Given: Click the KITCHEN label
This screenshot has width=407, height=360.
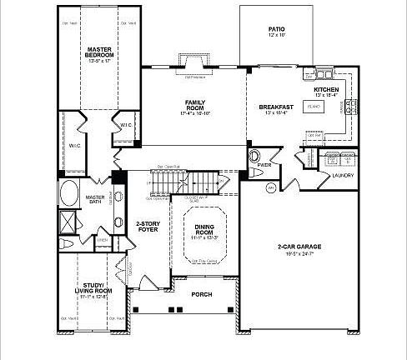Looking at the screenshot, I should pos(325,90).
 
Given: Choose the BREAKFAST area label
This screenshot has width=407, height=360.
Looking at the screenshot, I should pos(275,107).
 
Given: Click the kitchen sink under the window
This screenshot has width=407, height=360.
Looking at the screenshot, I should pos(321,74).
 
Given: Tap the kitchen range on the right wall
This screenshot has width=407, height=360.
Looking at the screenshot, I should pos(349,105).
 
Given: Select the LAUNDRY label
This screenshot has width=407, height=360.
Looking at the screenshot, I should pos(343,176).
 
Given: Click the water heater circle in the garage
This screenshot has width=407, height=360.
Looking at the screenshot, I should pos(270,189).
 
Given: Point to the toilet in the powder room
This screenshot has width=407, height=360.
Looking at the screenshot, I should pos(254,157).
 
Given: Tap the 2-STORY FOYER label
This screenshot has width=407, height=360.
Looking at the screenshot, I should pos(148,226).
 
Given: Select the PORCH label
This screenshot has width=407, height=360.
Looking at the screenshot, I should pos(200,293).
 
